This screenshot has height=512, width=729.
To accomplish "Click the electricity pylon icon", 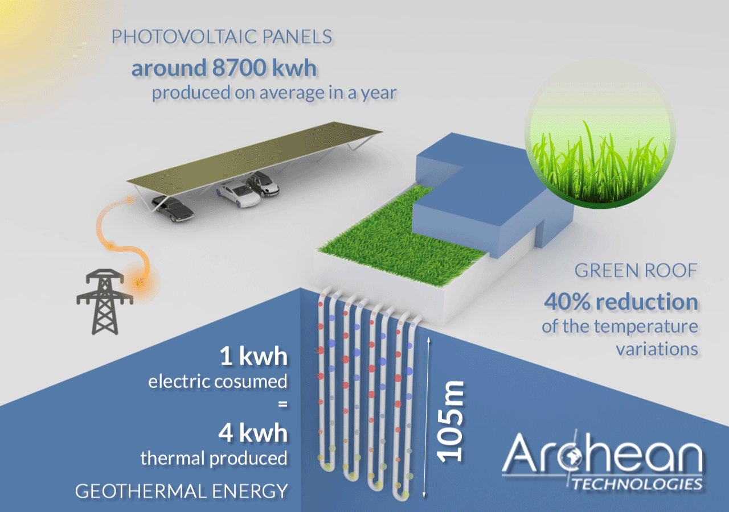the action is (105, 302).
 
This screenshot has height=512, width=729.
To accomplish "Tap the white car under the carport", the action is (239, 195).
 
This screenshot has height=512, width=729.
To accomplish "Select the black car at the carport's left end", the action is (173, 209).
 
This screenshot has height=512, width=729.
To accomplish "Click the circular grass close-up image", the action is (600, 133).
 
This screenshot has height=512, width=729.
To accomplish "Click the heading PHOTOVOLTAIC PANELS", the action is (222, 36).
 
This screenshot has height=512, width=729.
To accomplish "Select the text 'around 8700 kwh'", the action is (224, 68).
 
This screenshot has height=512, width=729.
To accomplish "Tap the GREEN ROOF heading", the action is (636, 270).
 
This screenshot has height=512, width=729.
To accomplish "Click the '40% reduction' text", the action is (621, 302).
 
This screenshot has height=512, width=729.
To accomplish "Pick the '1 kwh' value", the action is (253, 356).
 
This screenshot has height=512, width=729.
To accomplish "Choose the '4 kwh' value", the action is (253, 433).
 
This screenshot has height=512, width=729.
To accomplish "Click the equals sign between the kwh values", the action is (283, 404).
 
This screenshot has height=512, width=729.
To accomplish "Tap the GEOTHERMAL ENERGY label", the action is (182, 491).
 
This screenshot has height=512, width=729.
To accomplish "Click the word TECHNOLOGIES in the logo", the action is (637, 484).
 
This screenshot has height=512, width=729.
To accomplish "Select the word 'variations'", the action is (657, 349).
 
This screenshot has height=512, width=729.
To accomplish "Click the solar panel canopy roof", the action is (255, 158).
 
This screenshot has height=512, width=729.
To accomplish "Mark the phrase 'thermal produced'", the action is (214, 459).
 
